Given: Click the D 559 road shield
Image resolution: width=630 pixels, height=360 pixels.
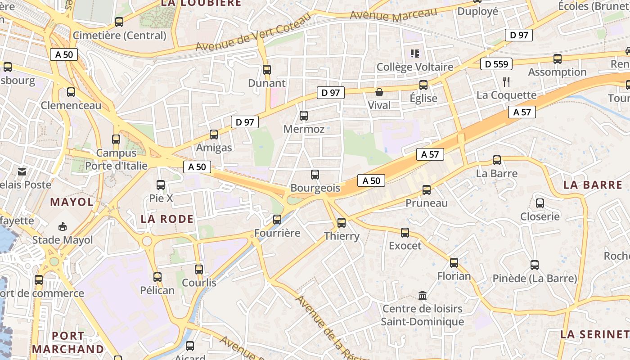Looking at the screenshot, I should [x=497, y=64].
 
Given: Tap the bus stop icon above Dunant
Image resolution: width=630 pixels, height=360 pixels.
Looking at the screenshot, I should [x=267, y=70].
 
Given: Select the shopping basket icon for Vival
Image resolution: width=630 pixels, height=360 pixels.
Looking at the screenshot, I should [x=379, y=92].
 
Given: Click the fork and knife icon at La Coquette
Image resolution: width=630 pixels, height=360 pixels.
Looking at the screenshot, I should [x=506, y=81].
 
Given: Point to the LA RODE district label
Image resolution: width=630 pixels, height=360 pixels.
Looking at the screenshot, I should [x=167, y=219].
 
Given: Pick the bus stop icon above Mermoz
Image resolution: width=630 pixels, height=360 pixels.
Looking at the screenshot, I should [x=304, y=116].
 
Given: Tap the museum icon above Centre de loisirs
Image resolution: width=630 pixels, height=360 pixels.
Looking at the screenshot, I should [x=423, y=296].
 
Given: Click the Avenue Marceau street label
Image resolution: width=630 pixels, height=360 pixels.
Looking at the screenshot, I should [x=393, y=16].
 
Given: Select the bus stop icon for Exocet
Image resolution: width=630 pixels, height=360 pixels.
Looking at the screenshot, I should [x=405, y=233].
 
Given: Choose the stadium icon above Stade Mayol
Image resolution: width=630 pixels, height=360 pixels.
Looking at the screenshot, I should [x=63, y=226].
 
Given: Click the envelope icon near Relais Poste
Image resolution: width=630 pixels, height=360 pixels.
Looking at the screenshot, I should [x=22, y=171].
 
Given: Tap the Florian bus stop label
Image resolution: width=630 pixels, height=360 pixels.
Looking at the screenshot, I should [x=454, y=276].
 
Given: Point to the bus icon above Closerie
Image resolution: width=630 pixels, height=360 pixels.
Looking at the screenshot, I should [x=540, y=203].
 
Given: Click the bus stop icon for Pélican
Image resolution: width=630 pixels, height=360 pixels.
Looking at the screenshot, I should [x=157, y=277].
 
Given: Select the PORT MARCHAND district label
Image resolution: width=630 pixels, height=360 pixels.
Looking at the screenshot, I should [x=68, y=342].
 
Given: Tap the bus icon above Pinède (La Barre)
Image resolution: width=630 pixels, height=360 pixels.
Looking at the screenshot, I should [x=535, y=265].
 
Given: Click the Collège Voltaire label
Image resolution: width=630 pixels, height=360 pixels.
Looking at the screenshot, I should [x=415, y=67].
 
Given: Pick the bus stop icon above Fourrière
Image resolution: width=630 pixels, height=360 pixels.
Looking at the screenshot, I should [x=277, y=220].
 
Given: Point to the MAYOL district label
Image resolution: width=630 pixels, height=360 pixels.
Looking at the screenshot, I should [x=72, y=202].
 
